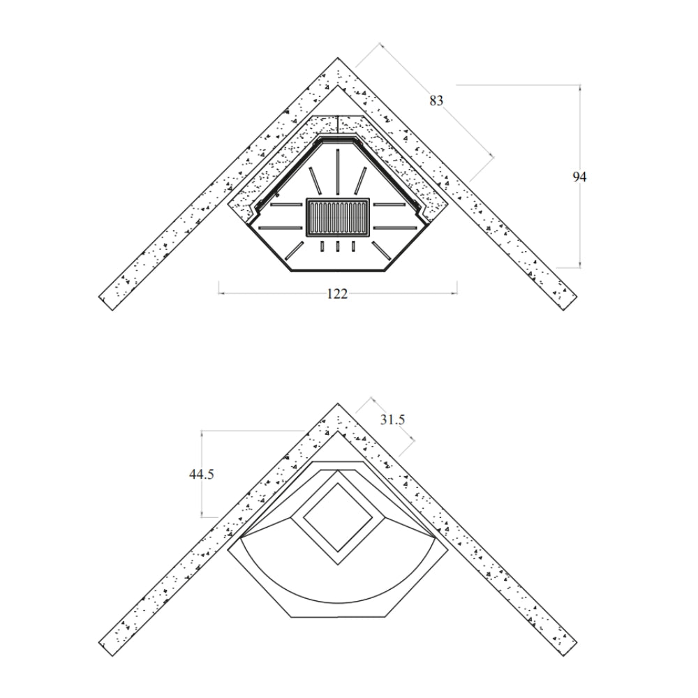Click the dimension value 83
point(436,101)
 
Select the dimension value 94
point(579,177)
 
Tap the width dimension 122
point(337,294)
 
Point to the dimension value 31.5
point(392,419)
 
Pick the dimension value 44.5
point(201,475)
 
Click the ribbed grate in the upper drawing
point(337,217)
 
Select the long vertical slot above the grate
point(337,172)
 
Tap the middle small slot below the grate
point(337,246)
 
